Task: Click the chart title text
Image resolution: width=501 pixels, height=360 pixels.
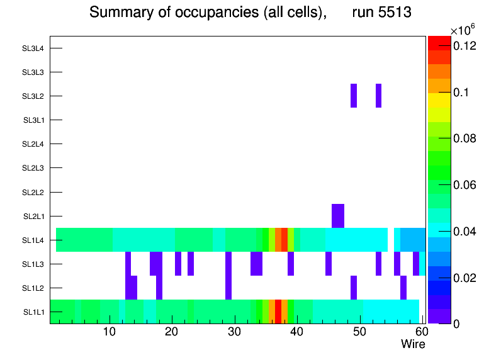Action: click(x=250, y=13)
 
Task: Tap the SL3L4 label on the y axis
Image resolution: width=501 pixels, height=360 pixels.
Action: click(x=33, y=48)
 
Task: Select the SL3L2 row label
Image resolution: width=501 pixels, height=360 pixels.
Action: click(x=33, y=96)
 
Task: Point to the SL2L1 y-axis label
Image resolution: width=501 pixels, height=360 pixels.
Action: click(x=33, y=217)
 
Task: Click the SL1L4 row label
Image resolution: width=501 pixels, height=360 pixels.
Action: click(x=33, y=240)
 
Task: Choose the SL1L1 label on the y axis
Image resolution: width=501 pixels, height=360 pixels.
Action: click(x=33, y=312)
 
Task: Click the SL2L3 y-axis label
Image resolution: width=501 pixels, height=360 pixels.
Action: click(x=33, y=168)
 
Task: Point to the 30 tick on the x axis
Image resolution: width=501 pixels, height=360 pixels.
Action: click(x=234, y=332)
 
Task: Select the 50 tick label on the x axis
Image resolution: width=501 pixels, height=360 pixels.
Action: click(x=359, y=332)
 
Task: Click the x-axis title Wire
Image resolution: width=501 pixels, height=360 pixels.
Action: click(x=413, y=344)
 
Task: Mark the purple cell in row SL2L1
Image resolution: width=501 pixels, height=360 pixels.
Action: click(x=338, y=216)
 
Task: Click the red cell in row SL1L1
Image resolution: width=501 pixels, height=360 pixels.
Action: click(x=278, y=312)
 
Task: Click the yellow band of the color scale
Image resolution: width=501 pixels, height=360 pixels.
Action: click(x=439, y=100)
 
